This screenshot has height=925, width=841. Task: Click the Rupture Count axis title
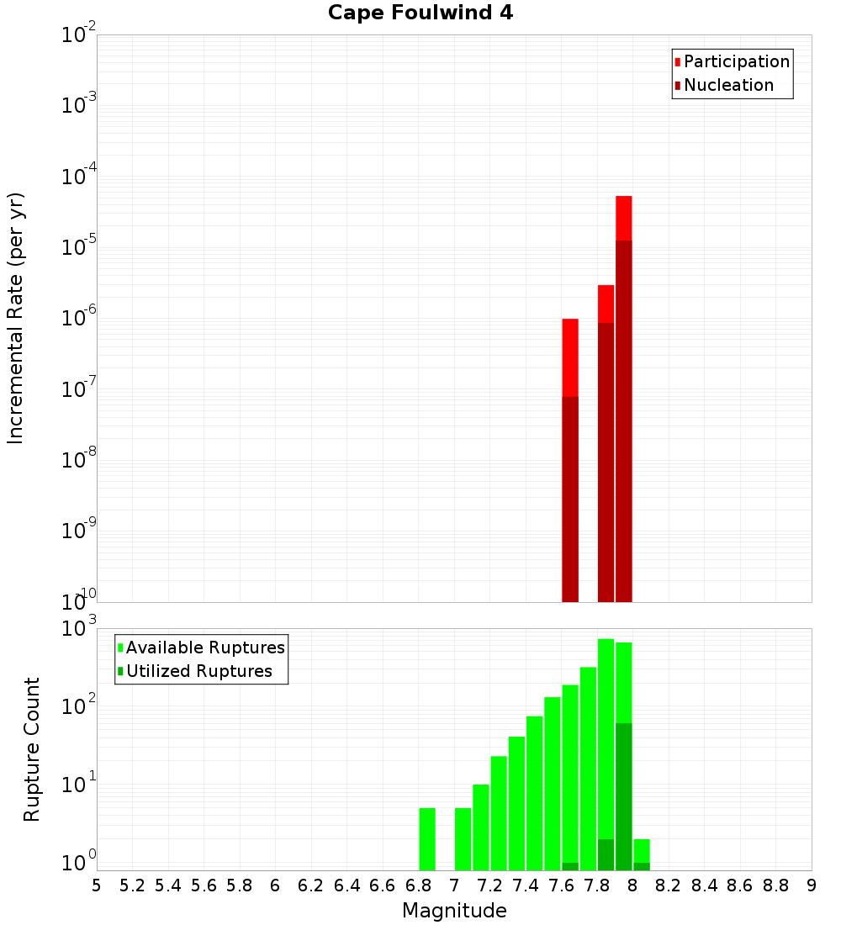coord(32,749)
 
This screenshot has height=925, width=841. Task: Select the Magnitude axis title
coord(454,911)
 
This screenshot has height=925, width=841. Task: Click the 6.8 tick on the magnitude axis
coord(418,885)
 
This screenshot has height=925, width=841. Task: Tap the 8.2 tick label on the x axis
coord(669,885)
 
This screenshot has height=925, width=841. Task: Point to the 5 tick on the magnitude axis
coord(97,885)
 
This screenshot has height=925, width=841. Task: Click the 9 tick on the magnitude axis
coord(812,885)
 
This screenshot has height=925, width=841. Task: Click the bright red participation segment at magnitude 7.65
coord(570,357)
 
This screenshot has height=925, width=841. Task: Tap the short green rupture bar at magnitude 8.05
coord(642,850)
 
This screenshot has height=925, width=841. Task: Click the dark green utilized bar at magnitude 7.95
coord(624,795)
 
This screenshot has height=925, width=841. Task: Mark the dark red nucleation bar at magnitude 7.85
coord(606,462)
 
